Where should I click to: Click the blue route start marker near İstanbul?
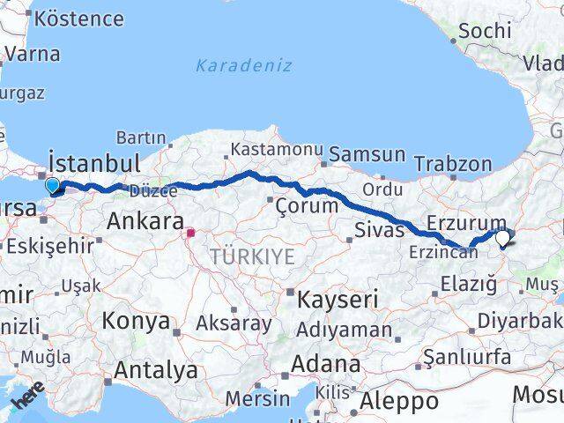tap(52, 185)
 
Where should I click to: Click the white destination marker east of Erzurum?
tap(502, 236)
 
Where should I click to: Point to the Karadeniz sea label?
tap(244, 66)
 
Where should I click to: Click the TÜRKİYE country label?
tap(252, 256)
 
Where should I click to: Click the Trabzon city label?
tap(452, 164)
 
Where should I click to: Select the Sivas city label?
tap(379, 231)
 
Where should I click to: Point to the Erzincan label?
tap(443, 253)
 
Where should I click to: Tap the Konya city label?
tap(136, 321)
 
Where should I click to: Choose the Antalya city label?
tap(155, 371)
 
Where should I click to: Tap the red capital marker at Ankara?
tap(190, 234)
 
